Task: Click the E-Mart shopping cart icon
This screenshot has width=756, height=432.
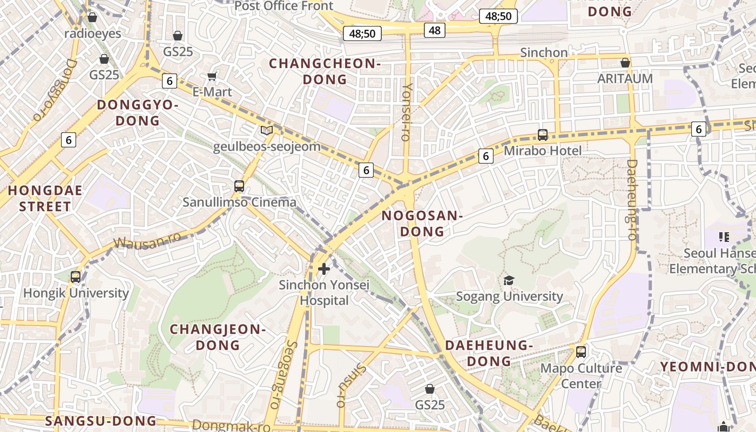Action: (x=212, y=77)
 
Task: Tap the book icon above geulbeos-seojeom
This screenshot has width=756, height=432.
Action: (x=267, y=130)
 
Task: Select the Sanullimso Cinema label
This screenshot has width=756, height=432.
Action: (x=239, y=202)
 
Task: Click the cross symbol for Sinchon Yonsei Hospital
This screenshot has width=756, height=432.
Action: (x=324, y=268)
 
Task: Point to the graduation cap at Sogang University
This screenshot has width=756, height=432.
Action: (x=509, y=280)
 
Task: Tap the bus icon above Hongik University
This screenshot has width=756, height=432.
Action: (x=76, y=277)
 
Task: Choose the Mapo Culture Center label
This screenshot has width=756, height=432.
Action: (x=581, y=376)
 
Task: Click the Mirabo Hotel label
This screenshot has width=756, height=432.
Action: (x=543, y=151)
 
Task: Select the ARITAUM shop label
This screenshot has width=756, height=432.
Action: (x=625, y=78)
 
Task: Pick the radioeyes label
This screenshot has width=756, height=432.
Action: (x=93, y=33)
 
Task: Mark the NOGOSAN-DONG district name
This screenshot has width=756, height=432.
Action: (x=422, y=224)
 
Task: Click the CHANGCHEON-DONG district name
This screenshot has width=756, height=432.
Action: (x=325, y=71)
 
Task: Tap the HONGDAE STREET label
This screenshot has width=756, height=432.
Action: (x=45, y=198)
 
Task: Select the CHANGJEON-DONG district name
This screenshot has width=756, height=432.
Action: (x=218, y=337)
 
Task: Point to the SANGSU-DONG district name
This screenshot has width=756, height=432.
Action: (x=100, y=421)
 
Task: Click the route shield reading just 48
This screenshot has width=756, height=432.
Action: (x=434, y=30)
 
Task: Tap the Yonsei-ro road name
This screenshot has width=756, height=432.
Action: (x=407, y=112)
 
